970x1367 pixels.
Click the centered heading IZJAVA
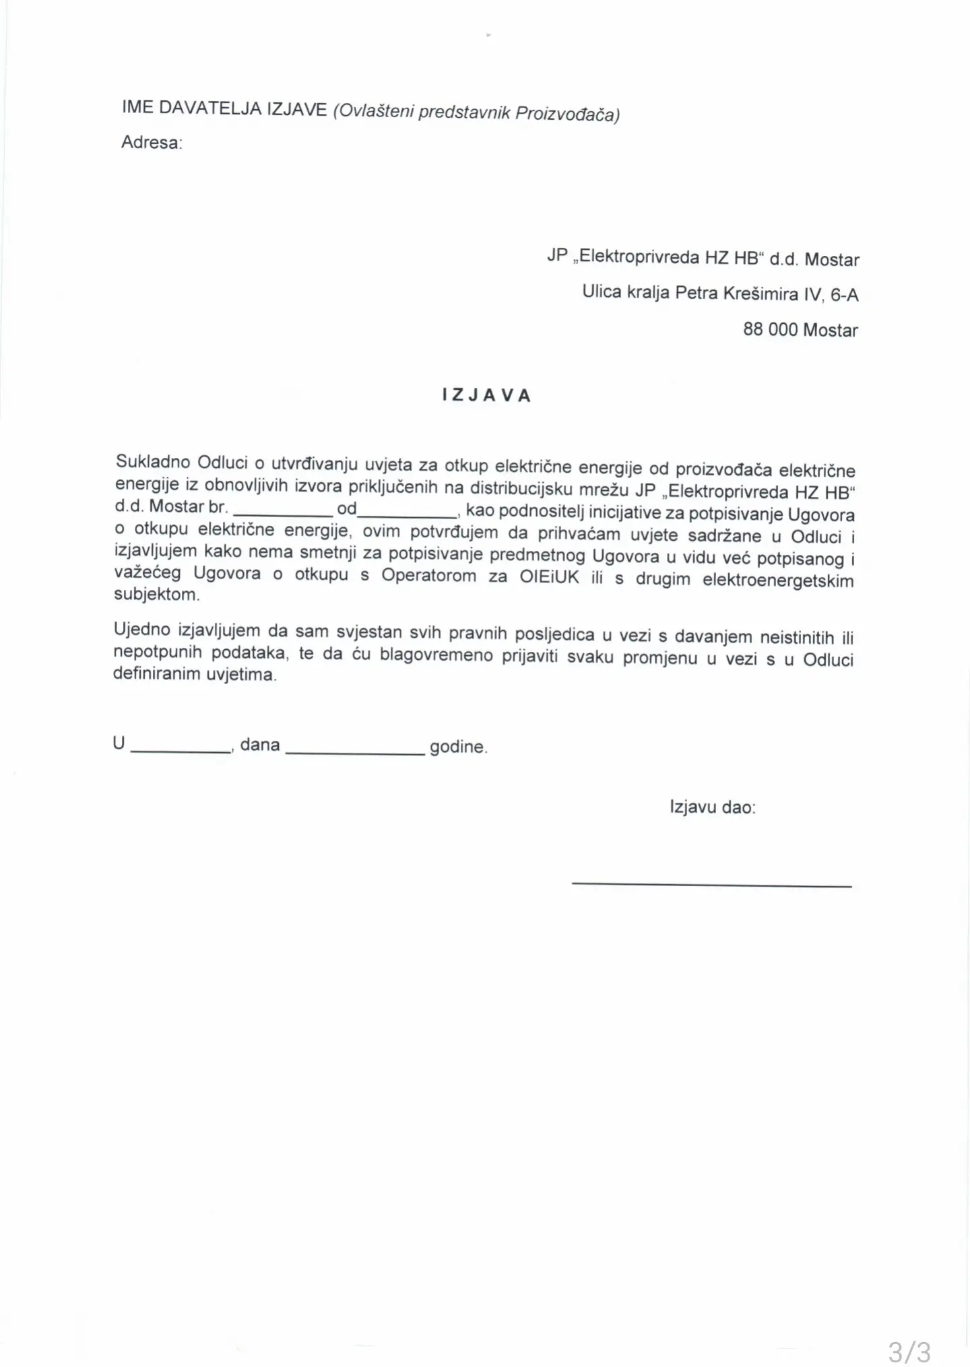pos(486,395)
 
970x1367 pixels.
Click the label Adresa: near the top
pos(152,143)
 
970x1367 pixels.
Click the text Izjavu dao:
pos(712,807)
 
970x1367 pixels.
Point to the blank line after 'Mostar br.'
pos(283,515)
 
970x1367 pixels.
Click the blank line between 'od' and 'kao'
pos(407,516)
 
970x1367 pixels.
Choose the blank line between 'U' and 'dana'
pos(181,751)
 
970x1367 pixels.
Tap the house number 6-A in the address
pos(844,295)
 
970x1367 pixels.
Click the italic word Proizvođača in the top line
pos(567,114)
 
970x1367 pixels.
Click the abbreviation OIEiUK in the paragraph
pos(549,577)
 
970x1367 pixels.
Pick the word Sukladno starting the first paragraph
pos(152,462)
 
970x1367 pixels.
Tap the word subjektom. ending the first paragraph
pos(156,595)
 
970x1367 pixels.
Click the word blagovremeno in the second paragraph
pos(437,655)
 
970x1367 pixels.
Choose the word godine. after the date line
pos(458,747)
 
